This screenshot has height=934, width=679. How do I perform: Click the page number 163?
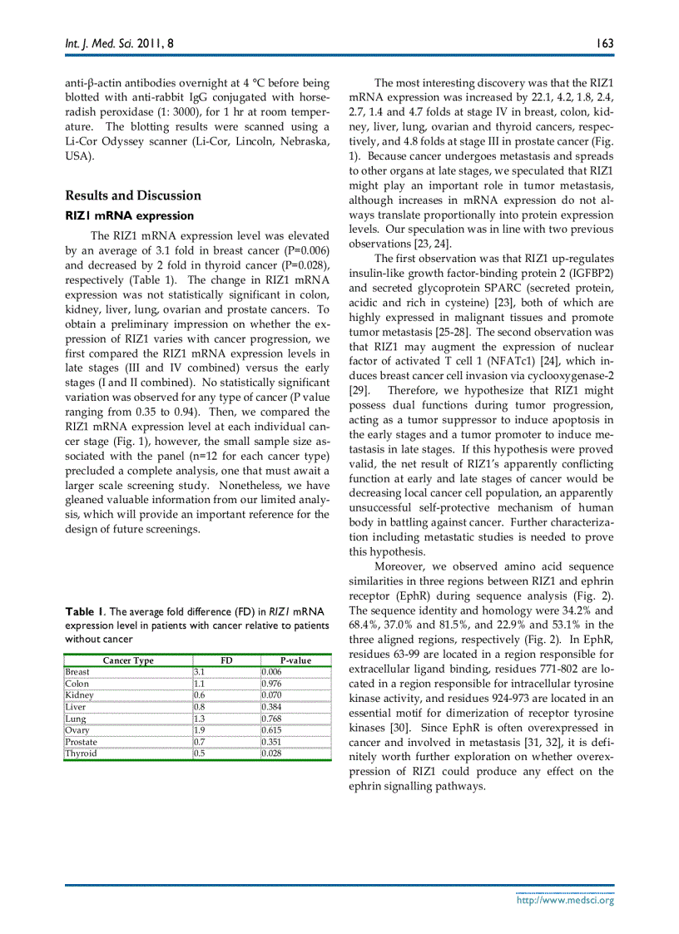[604, 42]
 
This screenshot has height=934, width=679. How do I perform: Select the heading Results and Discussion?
[133, 195]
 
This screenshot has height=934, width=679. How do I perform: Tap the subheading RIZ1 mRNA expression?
[118, 216]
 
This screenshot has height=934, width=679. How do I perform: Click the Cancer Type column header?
[128, 660]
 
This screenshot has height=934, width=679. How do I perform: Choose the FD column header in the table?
[226, 660]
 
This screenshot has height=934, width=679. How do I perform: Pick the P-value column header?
[295, 660]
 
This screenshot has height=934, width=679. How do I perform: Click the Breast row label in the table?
[77, 671]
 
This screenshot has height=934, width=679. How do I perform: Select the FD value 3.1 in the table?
[200, 671]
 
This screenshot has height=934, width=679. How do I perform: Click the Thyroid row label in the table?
[81, 754]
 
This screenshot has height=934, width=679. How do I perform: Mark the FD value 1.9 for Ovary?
[200, 730]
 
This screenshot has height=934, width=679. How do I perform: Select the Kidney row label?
[79, 694]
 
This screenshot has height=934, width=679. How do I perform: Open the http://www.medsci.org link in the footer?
[565, 900]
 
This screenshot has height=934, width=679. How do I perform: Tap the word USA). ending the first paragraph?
[80, 156]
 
